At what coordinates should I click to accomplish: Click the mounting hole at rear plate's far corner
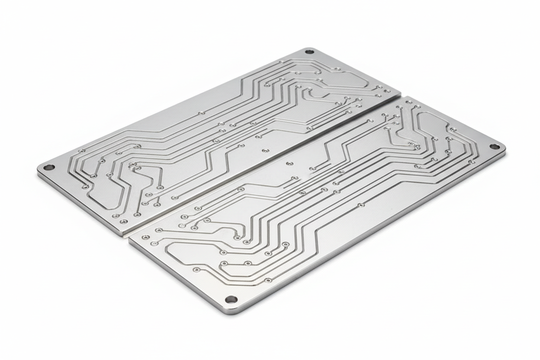coord(309,52)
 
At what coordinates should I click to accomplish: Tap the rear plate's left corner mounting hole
coord(49,167)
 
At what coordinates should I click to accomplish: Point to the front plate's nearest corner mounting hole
coord(231,299)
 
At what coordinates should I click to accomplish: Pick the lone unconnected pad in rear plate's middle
coord(265,151)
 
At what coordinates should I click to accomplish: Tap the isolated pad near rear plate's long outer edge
coord(201,113)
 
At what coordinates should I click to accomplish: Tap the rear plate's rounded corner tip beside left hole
coord(40,170)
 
